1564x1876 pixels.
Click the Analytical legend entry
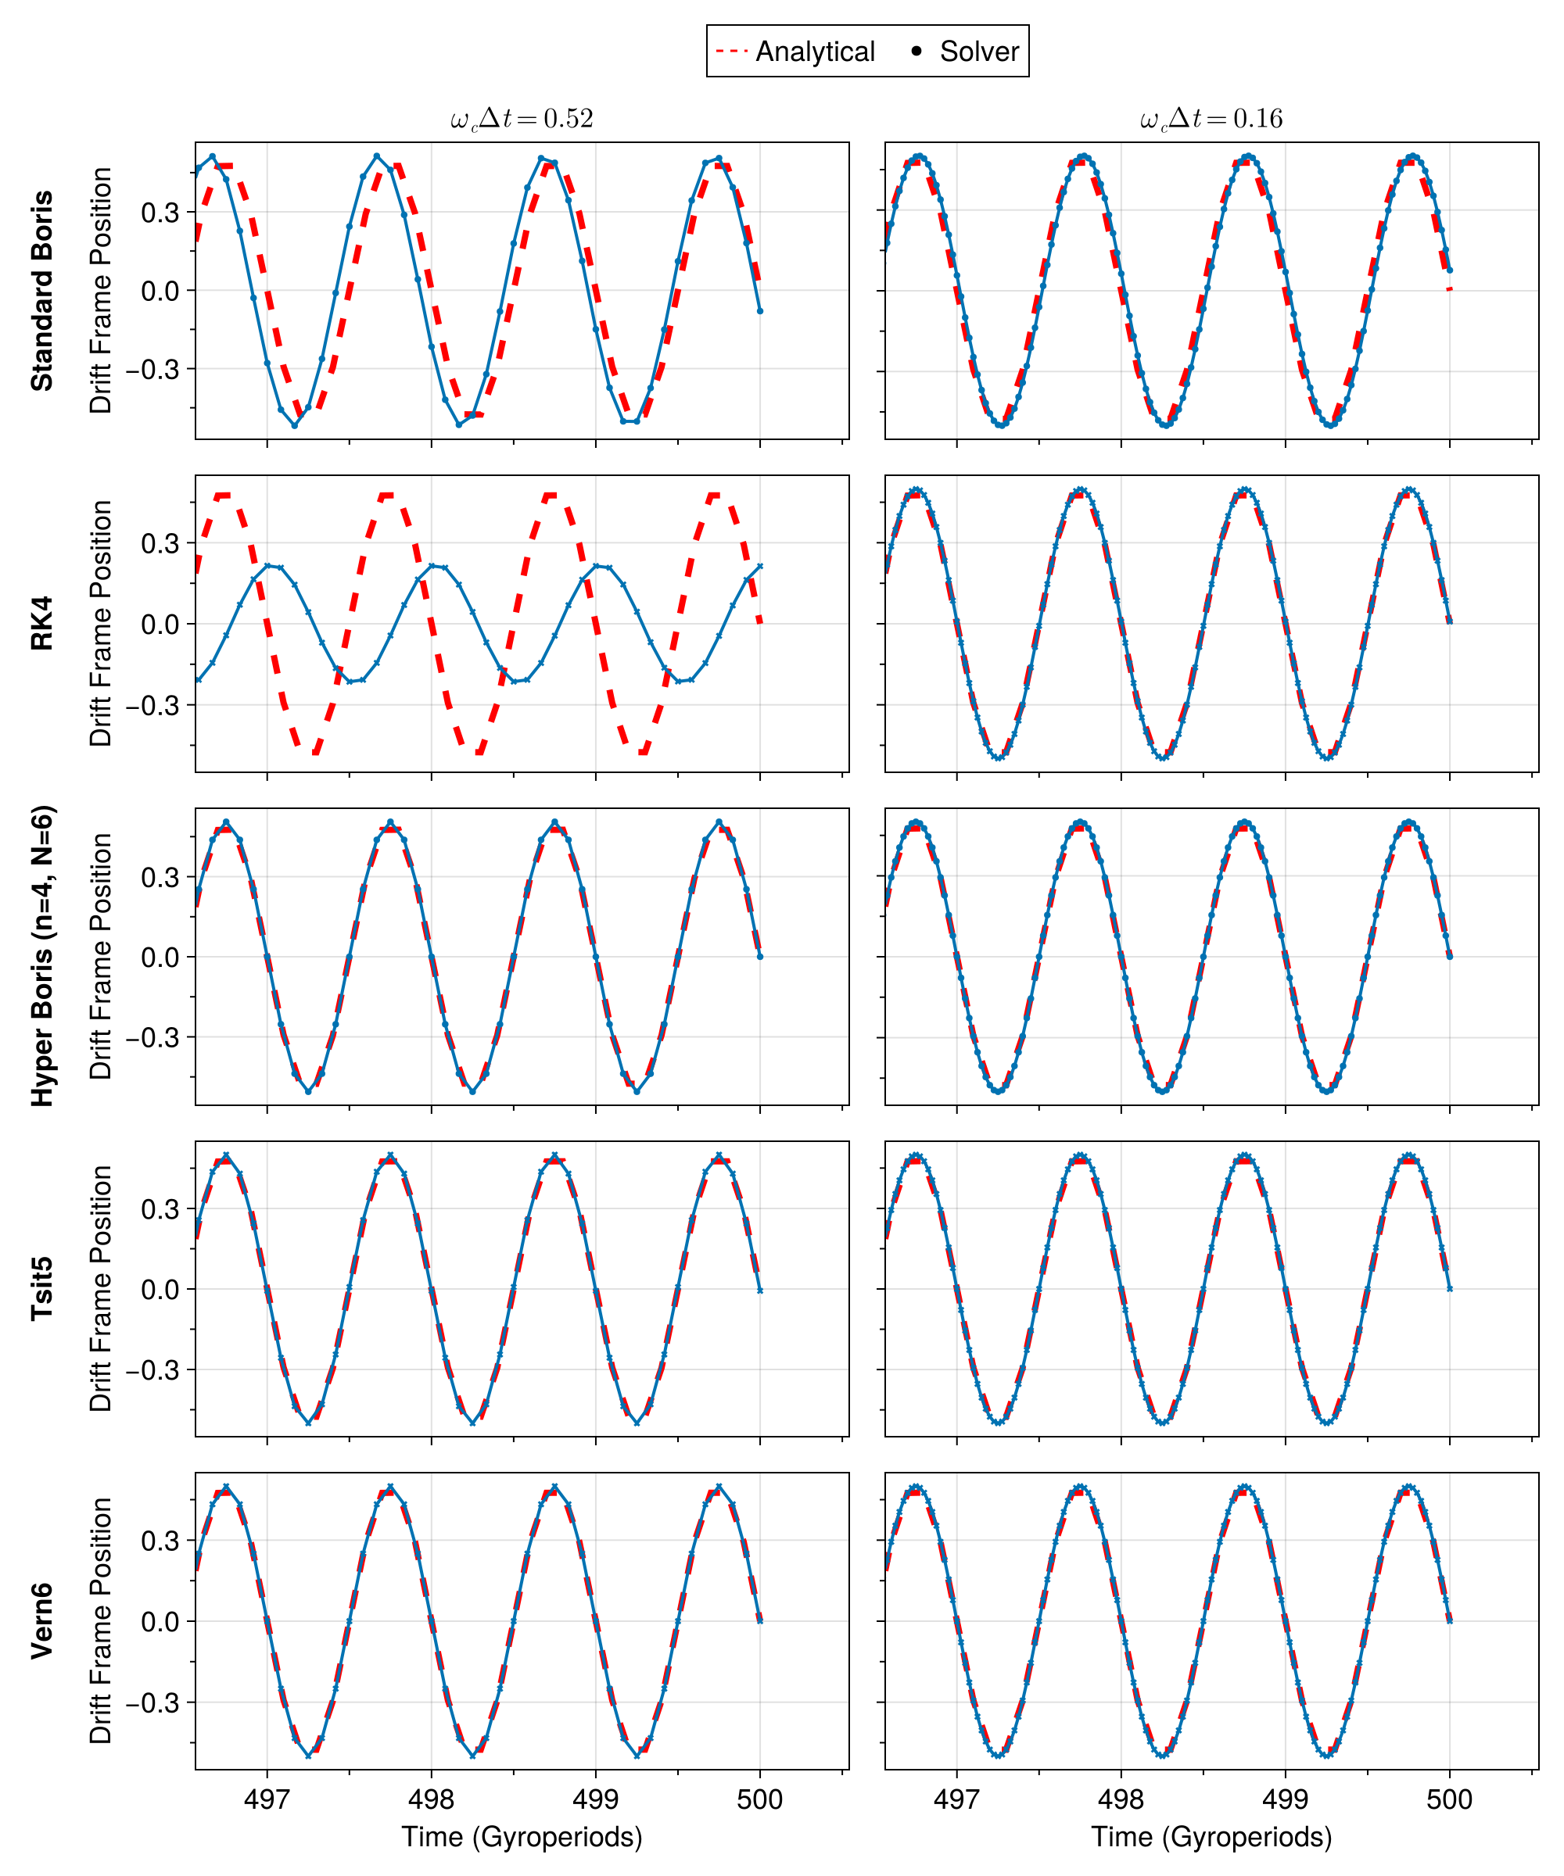pos(795,52)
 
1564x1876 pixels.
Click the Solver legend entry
pos(965,52)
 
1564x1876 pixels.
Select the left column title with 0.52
pos(522,119)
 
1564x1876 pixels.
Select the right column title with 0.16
pos(1211,119)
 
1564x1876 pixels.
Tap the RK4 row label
pos(42,624)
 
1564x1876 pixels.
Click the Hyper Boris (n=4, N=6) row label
pos(42,956)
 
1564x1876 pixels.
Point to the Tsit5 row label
pos(42,1288)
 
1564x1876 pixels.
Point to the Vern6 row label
pos(42,1621)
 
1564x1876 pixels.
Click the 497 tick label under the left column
pos(267,1799)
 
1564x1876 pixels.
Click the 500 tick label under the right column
pos(1449,1799)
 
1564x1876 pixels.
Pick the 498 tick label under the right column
pos(1121,1799)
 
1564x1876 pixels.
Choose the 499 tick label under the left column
pos(595,1799)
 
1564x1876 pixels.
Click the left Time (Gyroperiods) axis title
pos(522,1837)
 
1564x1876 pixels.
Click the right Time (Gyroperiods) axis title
pos(1211,1837)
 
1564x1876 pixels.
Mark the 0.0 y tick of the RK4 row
pos(160,625)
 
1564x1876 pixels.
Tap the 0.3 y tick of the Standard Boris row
pos(160,213)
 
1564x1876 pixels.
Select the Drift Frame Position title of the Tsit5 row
pos(101,1288)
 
